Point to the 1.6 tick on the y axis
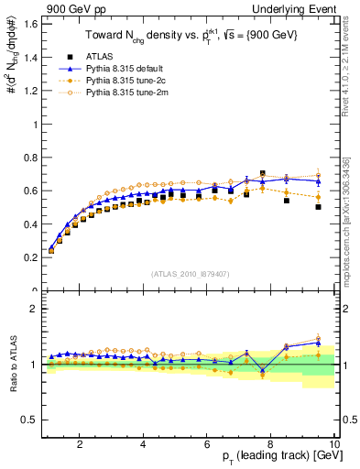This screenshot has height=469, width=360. pyautogui.click(x=31, y=23)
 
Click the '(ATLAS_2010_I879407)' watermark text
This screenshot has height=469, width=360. pyautogui.click(x=189, y=274)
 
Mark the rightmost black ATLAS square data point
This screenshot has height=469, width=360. pyautogui.click(x=318, y=207)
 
